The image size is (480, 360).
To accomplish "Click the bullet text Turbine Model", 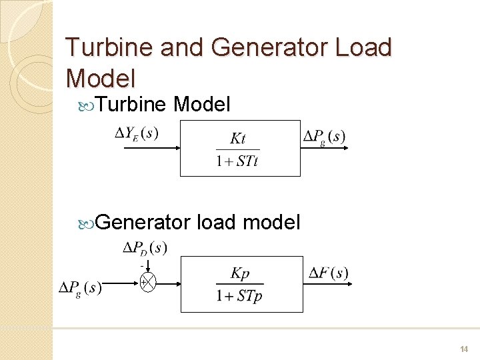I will tap(163, 104).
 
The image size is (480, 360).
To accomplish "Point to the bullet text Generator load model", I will tap(198, 222).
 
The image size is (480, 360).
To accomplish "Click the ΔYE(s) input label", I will tap(137, 133).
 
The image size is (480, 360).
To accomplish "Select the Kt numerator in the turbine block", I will tap(237, 139).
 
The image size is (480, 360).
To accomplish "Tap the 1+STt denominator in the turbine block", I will tap(237, 161).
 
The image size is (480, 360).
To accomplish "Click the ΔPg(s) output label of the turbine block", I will tap(324, 137).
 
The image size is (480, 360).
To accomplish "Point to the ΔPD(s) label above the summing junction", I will tap(145, 249).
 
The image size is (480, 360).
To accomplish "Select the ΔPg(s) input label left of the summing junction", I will tap(80, 288).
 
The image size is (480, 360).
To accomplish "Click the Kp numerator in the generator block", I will tap(239, 273).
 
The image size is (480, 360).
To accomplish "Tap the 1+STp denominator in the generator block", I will tap(239, 295).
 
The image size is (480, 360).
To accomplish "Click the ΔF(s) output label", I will tap(328, 273).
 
